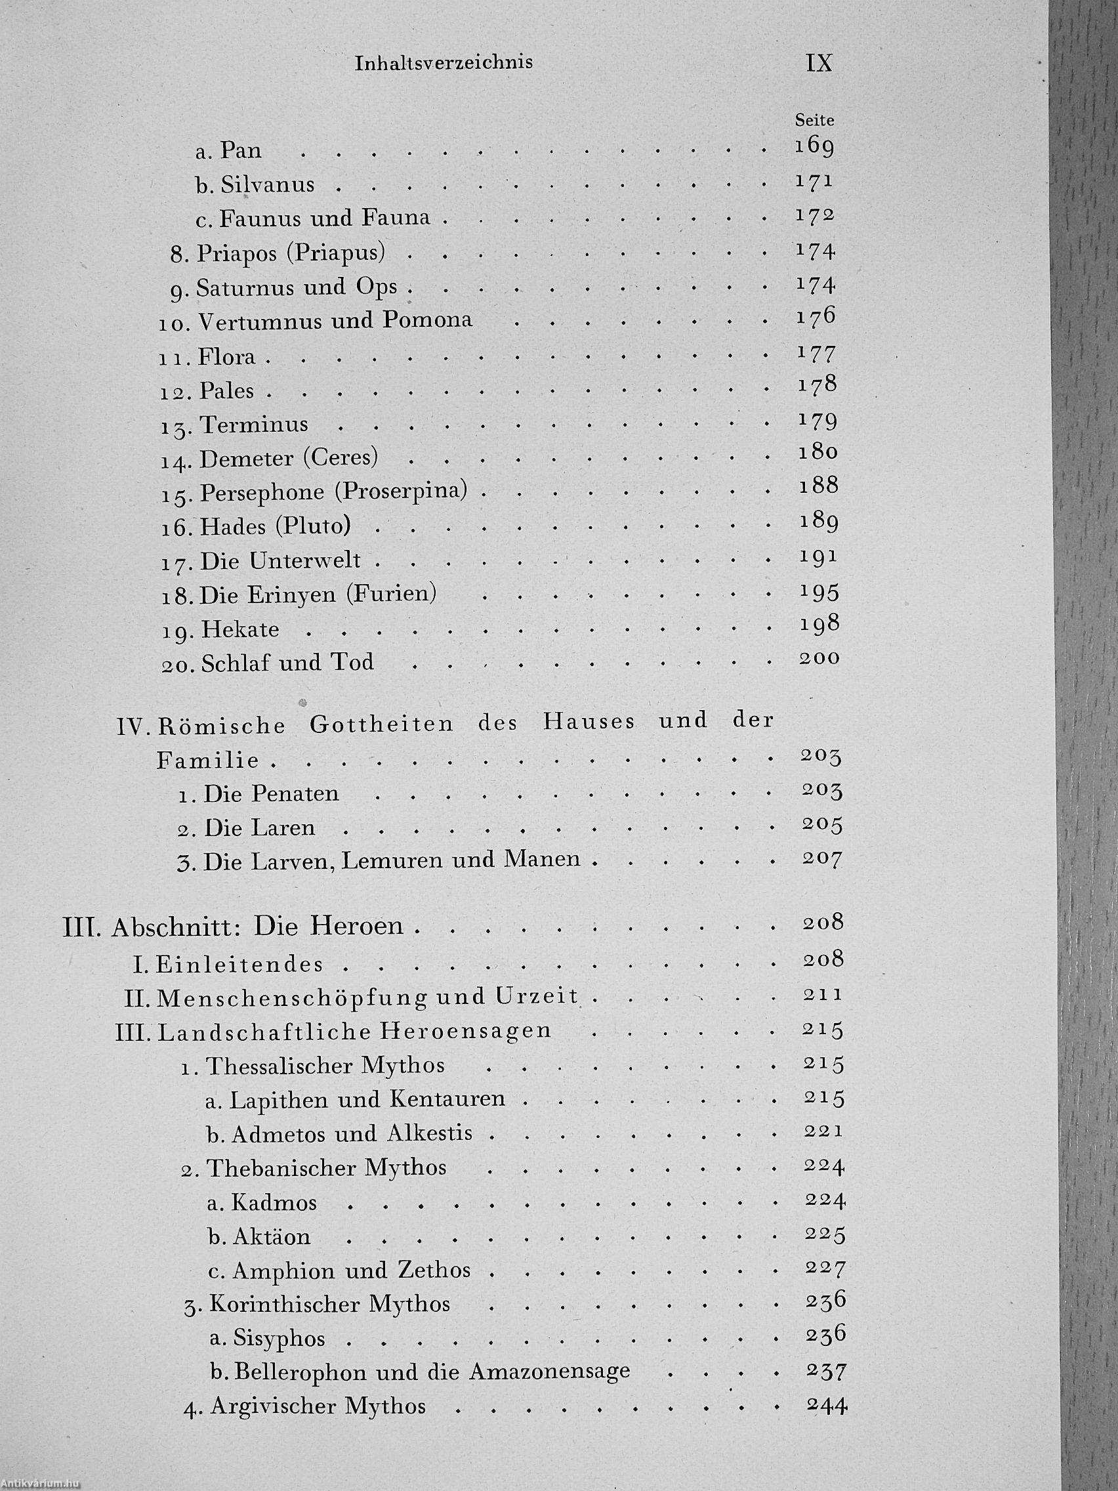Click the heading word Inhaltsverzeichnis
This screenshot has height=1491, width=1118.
point(444,63)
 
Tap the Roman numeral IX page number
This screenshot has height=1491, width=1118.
point(819,63)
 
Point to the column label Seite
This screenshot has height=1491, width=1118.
point(814,121)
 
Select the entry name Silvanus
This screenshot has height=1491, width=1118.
point(267,184)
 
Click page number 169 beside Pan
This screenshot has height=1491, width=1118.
point(814,146)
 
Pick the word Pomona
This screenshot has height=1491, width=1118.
point(427,320)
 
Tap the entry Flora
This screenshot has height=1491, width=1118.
point(227,355)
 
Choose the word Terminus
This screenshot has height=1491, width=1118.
point(254,425)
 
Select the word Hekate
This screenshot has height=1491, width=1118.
point(239,629)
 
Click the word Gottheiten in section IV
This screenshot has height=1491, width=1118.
point(381,724)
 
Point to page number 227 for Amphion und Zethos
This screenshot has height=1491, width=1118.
point(824,1269)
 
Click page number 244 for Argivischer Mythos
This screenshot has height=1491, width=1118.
point(825,1405)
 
